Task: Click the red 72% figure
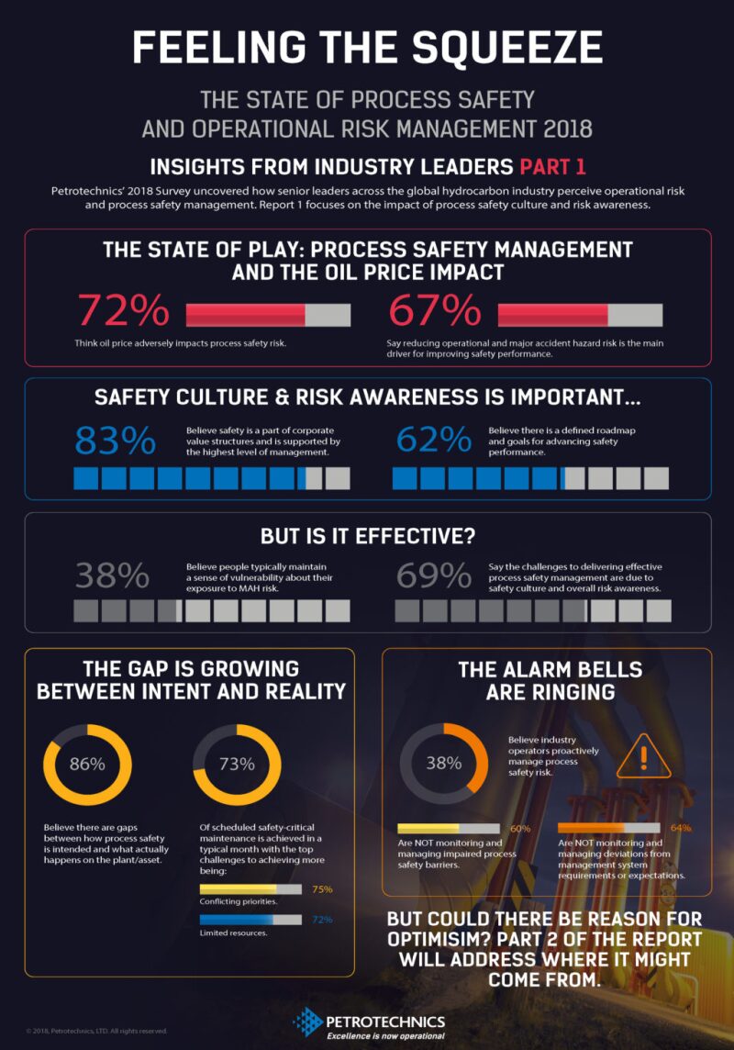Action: (123, 311)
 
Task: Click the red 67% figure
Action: (435, 311)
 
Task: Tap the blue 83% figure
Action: (116, 441)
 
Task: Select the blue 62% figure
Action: (434, 441)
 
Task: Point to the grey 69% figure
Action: (434, 575)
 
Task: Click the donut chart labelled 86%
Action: (88, 764)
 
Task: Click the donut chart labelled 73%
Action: (236, 764)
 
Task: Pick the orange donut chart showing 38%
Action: (444, 764)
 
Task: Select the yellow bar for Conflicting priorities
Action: (250, 889)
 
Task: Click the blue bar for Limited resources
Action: (250, 919)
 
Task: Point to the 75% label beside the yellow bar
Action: (322, 889)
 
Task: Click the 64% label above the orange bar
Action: (680, 828)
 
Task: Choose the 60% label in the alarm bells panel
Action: (520, 829)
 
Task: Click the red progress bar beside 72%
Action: (268, 315)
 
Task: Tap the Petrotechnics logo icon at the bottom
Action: (306, 1022)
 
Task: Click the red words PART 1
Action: (552, 166)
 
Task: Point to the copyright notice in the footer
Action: (96, 1031)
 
